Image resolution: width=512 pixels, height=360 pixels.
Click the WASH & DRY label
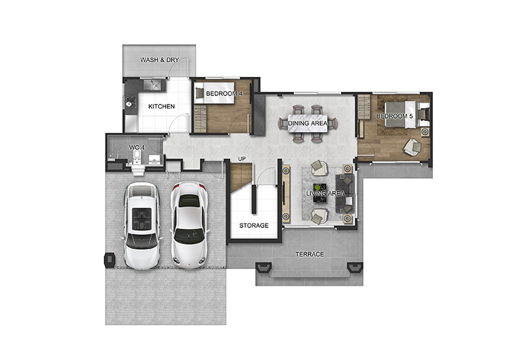159,60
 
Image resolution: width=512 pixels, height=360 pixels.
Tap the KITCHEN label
161,106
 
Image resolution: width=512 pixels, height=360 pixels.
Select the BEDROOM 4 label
225,94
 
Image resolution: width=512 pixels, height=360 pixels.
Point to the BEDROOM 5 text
394,117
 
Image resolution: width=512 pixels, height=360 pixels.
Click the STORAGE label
253,225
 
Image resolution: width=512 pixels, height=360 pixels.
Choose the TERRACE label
310,254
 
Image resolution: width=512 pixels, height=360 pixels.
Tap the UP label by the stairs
242,159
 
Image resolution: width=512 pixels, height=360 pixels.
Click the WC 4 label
137,148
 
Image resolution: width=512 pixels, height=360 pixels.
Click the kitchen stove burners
130,101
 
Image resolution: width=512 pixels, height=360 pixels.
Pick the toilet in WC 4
137,157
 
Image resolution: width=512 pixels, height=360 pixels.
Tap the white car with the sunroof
141,225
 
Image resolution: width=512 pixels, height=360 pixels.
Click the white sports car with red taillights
189,225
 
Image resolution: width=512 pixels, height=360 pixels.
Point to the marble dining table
307,123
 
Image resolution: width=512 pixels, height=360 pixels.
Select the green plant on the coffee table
317,188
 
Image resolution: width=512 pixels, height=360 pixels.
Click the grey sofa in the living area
345,193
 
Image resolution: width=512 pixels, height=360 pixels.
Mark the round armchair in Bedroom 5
412,147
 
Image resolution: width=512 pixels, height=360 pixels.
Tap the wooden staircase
241,177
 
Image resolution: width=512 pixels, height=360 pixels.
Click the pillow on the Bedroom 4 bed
199,93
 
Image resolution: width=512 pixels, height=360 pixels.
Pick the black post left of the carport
109,259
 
